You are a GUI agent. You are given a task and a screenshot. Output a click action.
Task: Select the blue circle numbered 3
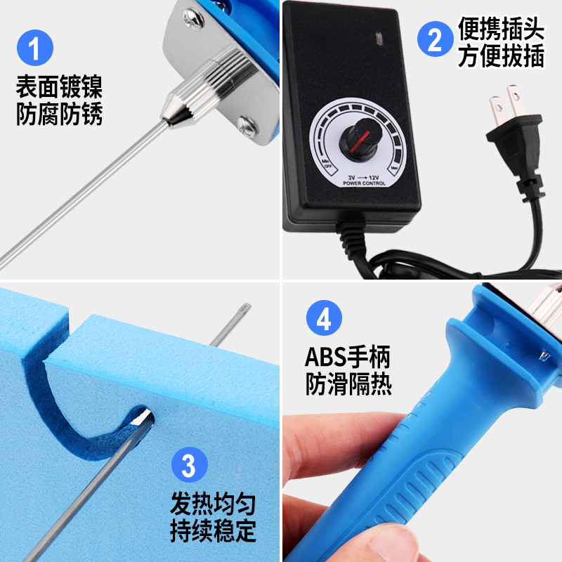tap(189, 464)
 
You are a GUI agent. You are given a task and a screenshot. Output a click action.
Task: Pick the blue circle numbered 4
tap(324, 320)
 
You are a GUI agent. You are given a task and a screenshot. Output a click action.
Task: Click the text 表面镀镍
tap(59, 88)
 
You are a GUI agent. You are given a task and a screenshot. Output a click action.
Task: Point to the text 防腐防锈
tap(59, 114)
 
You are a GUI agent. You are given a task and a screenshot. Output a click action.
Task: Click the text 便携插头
tap(501, 29)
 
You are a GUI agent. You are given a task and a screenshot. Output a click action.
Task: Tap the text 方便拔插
tap(501, 56)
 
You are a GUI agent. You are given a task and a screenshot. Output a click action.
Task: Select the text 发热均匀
tap(213, 504)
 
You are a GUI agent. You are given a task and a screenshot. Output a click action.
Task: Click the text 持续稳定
tap(213, 530)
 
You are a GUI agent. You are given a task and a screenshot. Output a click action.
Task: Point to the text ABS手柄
tap(347, 357)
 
